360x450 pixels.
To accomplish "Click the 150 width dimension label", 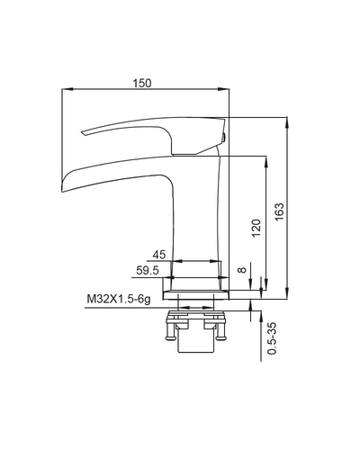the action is pos(142,83).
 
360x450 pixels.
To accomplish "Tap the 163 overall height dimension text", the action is pos(279,211).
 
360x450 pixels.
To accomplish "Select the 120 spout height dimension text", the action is pos(256,228).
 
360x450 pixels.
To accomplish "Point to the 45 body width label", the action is pos(159,255).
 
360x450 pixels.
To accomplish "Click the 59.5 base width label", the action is pos(148,271).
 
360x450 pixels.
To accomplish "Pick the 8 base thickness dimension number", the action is pos(242,269).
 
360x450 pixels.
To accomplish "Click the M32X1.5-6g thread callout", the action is pos(119,299).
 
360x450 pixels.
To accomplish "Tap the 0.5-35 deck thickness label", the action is pos(272,338).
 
